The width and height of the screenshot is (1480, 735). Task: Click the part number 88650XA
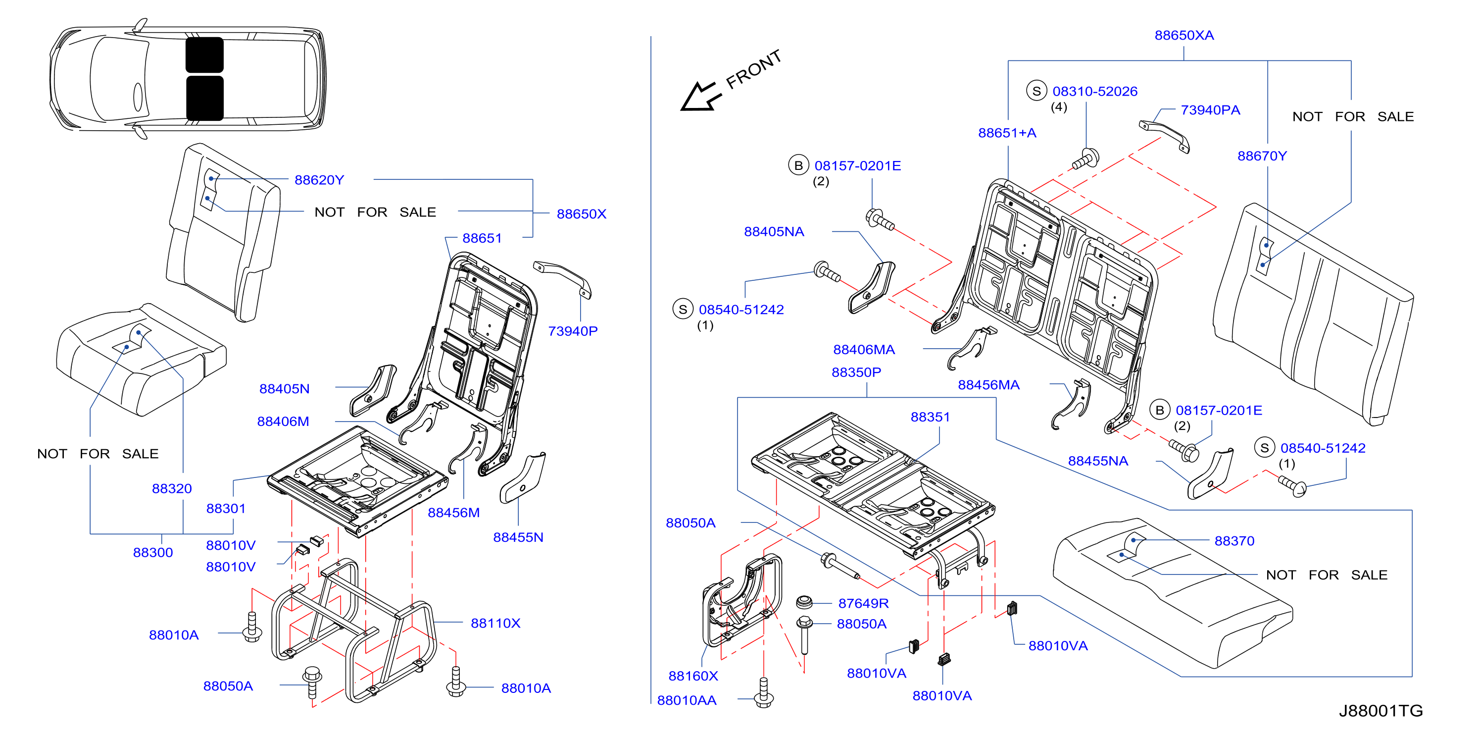tap(1184, 35)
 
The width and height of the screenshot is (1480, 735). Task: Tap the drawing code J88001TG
tap(1380, 710)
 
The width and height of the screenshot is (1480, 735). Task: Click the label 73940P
tap(572, 331)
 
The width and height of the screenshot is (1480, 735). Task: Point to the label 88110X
tap(495, 623)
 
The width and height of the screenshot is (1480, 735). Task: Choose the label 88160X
tap(693, 676)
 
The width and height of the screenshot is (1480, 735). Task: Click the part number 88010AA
tap(687, 700)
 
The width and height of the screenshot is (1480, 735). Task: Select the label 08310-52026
tap(1094, 91)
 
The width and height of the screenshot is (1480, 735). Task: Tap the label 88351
tap(930, 417)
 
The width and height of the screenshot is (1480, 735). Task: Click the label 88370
tap(1234, 541)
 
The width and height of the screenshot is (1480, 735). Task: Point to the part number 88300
tap(153, 552)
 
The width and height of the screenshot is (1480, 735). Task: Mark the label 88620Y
tap(319, 180)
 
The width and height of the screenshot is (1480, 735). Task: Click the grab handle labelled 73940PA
tap(1165, 136)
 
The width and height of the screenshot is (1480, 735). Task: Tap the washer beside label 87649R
tap(804, 603)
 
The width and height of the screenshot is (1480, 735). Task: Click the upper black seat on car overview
tap(204, 55)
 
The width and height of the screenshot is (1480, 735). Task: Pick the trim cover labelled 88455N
tap(522, 477)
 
